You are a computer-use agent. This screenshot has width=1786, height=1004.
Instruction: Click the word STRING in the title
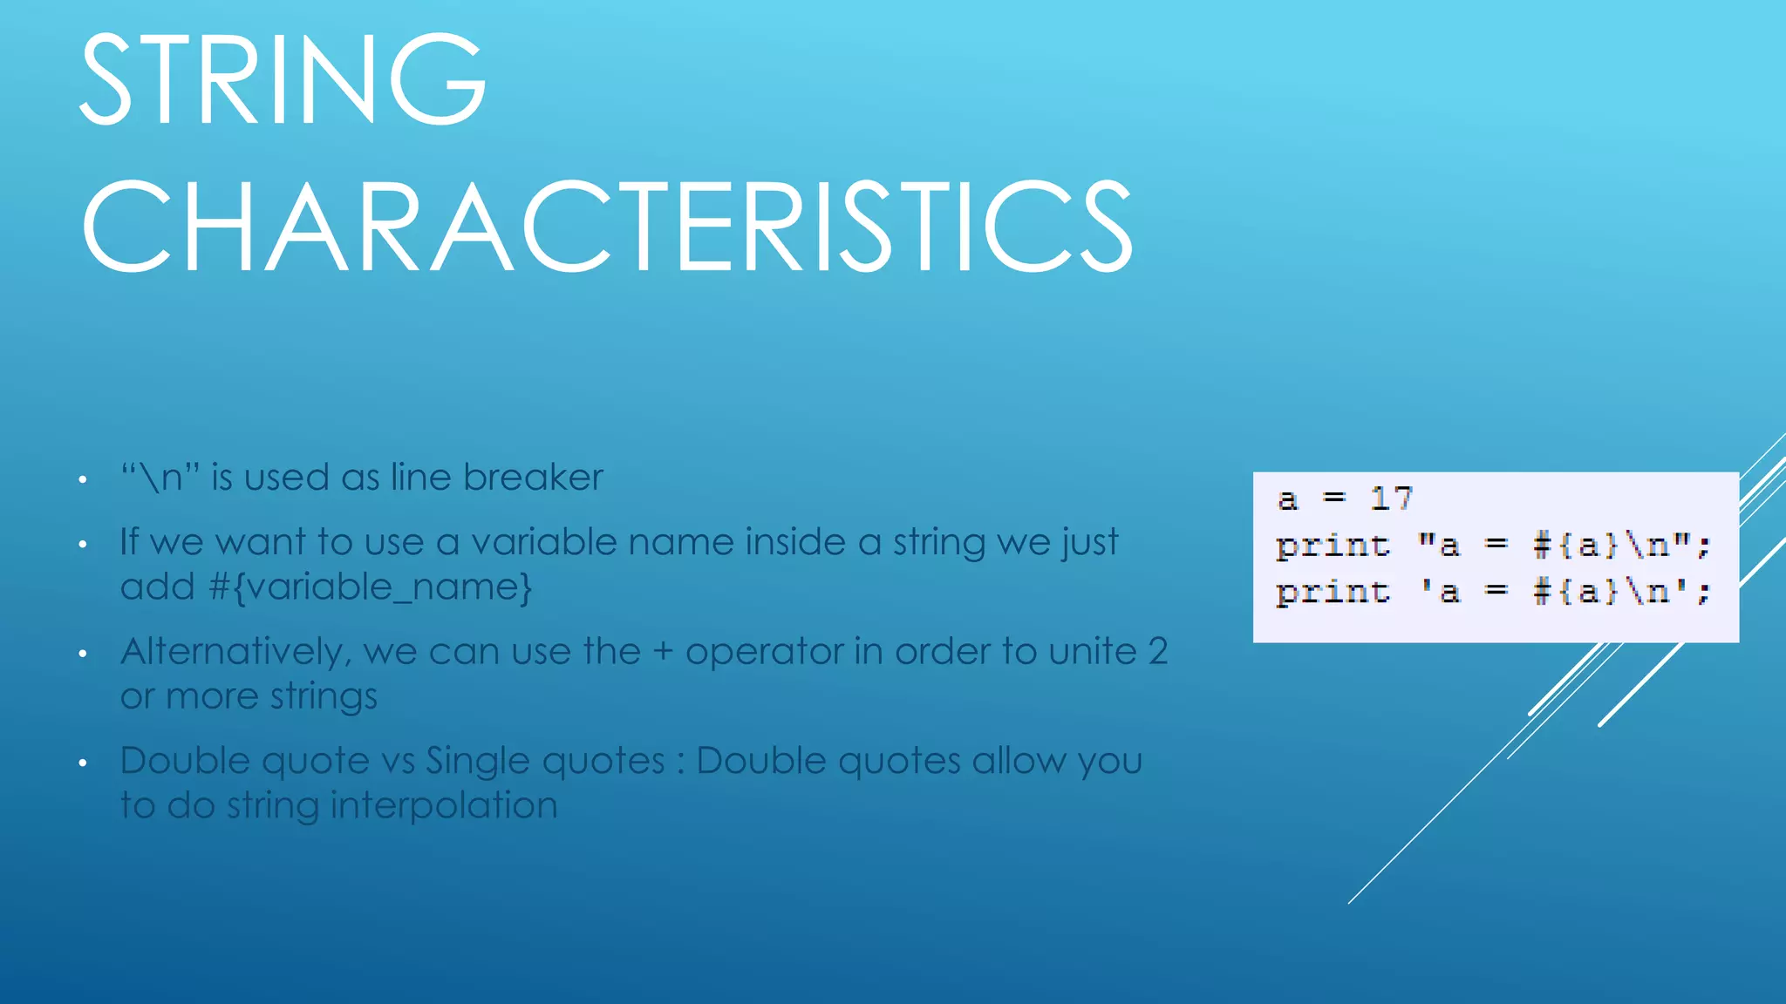coord(283,80)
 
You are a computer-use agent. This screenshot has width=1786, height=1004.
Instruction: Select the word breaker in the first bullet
coord(533,478)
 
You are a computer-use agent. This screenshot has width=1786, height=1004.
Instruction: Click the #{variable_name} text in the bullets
coord(370,587)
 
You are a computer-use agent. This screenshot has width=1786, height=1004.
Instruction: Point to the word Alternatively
coord(235,652)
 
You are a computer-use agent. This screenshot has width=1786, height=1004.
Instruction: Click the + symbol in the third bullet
coord(663,652)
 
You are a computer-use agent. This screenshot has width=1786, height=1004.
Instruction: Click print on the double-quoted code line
coord(1332,546)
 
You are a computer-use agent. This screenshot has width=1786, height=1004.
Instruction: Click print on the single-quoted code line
coord(1332,593)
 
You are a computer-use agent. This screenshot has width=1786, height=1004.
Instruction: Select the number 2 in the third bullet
coord(1157,652)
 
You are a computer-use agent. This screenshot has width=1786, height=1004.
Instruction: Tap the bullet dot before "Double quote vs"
coord(83,763)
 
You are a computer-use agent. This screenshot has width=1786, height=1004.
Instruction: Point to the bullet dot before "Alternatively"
coord(83,655)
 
